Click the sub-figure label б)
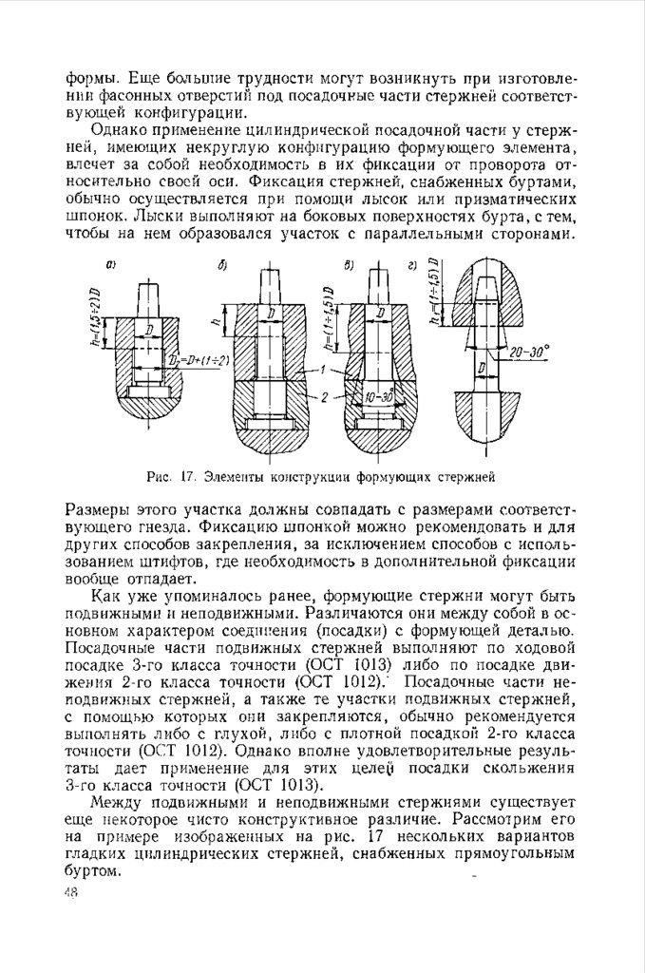click(x=221, y=266)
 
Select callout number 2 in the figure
click(x=325, y=395)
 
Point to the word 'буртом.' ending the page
click(x=92, y=870)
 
